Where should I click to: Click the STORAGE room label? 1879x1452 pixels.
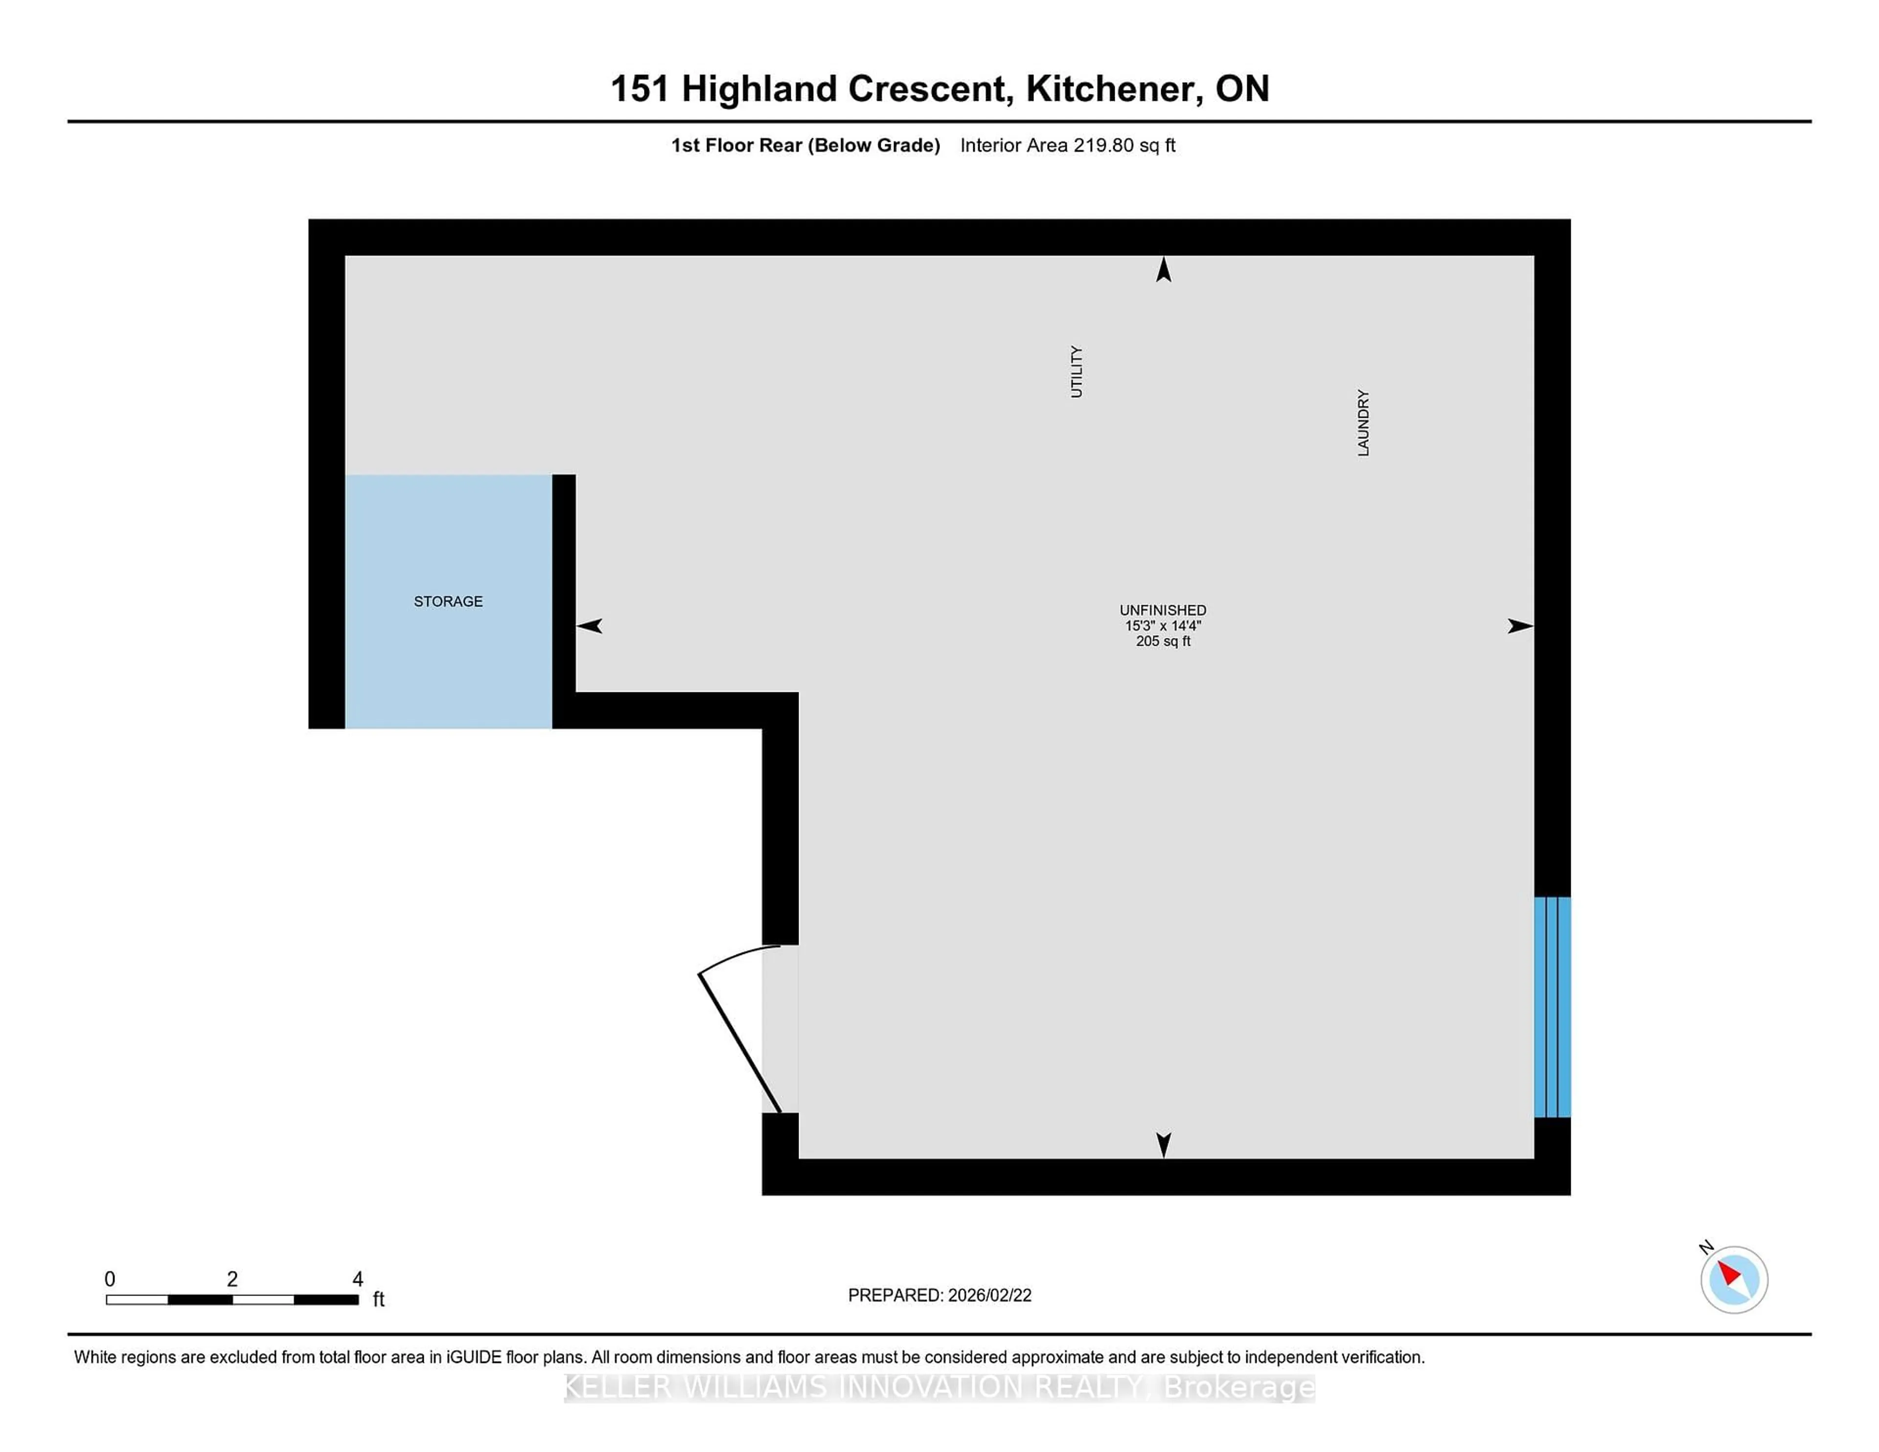tap(448, 601)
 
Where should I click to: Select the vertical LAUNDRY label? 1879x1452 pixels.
tap(1363, 422)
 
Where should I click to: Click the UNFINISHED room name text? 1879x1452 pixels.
tap(1162, 610)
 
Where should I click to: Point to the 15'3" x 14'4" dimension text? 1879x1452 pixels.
tap(1162, 625)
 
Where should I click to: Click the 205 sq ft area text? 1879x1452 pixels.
tap(1162, 641)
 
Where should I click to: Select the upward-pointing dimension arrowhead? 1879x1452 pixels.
tap(1163, 270)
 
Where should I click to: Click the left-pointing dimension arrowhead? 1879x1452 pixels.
tap(590, 626)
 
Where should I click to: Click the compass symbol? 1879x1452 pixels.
tap(1734, 1279)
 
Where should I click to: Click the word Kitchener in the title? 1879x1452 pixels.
tap(1114, 89)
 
